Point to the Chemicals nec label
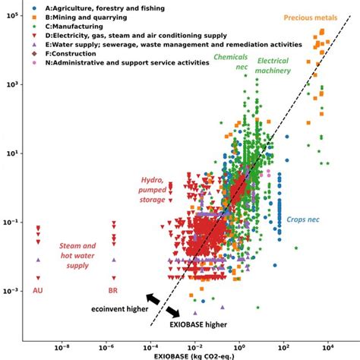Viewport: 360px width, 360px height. tap(231, 62)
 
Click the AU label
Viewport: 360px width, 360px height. tap(38, 290)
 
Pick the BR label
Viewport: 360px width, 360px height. tap(113, 290)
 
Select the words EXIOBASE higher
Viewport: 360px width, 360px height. tap(200, 325)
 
